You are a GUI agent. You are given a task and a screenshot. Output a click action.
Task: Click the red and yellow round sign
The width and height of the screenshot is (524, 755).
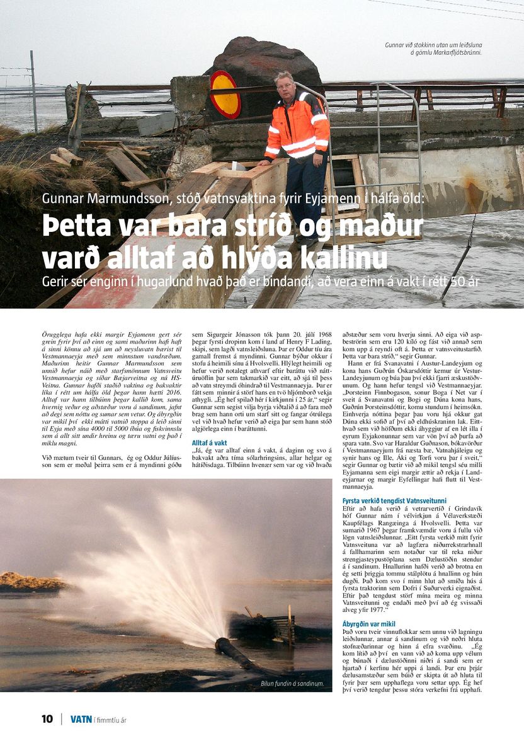click(225, 94)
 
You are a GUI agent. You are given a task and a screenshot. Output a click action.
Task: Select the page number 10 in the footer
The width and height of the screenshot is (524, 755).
click(47, 719)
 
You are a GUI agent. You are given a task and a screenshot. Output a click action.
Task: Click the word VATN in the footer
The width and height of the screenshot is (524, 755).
click(81, 719)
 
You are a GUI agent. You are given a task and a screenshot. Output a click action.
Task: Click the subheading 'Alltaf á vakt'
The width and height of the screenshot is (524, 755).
click(209, 443)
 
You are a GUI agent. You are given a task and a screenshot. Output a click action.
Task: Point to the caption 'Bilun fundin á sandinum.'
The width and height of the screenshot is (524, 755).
click(292, 683)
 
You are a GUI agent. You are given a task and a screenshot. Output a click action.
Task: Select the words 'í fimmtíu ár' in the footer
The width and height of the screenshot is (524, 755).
click(110, 720)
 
